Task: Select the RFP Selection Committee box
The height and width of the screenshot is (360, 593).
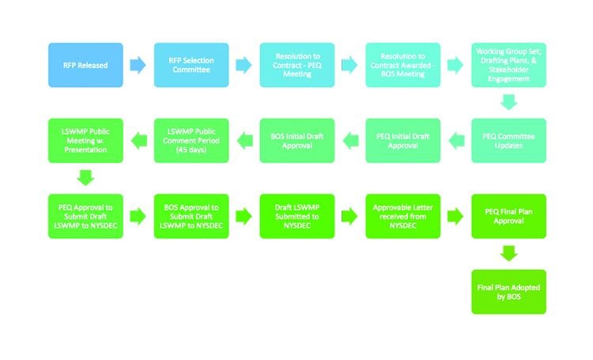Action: coord(191,65)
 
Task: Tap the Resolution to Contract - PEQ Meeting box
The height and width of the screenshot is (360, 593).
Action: coord(297,65)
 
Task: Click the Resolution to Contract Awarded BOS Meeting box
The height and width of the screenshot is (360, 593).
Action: coord(402,65)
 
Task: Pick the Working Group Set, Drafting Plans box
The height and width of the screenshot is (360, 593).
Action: coord(508,65)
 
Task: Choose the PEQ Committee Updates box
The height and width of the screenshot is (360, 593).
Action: coord(508,141)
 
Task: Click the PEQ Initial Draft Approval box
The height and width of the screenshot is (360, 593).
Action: coord(402,141)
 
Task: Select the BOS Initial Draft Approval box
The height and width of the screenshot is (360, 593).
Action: coord(297,141)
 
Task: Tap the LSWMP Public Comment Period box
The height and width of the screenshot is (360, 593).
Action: coord(191,141)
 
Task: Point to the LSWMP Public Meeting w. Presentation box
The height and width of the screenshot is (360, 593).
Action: coord(85,141)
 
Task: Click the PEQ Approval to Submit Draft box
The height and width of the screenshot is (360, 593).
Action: coord(85,216)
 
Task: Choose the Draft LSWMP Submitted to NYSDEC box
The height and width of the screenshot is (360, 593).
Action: coord(297,216)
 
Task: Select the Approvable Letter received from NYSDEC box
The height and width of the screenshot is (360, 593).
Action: coord(402,216)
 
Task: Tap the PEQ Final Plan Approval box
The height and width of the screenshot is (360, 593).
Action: coord(508,216)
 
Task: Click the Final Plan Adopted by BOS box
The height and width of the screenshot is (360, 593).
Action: coord(508,292)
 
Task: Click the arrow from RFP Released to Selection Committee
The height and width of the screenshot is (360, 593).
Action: coord(138,65)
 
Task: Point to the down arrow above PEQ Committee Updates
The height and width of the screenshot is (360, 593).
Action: coord(508,102)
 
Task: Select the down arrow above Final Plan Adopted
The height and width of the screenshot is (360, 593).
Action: coord(508,254)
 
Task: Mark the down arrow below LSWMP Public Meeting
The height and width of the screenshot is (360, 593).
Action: coord(85,178)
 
